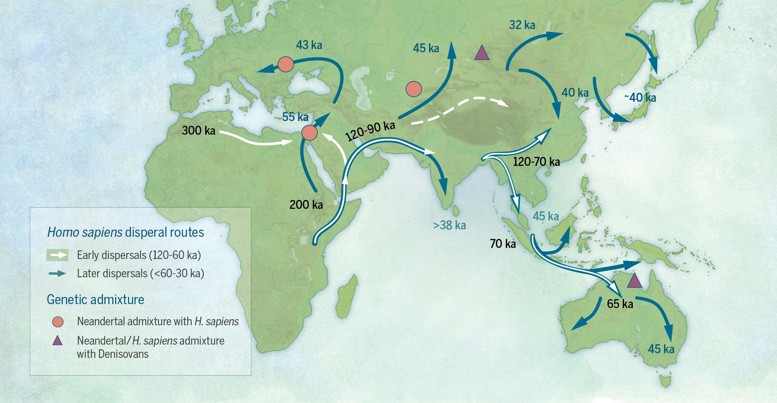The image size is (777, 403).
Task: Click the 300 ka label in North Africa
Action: point(198,130)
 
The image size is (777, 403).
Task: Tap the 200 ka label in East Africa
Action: point(306,205)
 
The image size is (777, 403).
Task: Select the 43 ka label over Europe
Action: point(309,45)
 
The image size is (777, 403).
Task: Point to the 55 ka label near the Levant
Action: point(295,117)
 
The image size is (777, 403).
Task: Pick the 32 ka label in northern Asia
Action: point(522,25)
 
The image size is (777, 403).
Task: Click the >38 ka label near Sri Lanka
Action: point(449,225)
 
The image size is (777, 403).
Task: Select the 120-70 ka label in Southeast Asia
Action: point(536,162)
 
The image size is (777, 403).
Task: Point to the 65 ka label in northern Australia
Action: point(620,304)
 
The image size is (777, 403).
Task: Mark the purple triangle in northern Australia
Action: point(634,281)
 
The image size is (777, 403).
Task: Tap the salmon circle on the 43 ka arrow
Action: point(286,64)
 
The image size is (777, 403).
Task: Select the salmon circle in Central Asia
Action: point(413,88)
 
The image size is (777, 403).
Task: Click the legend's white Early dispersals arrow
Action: point(57,256)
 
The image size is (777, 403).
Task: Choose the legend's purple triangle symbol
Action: point(57,341)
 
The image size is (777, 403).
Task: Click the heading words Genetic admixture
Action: point(95,299)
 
